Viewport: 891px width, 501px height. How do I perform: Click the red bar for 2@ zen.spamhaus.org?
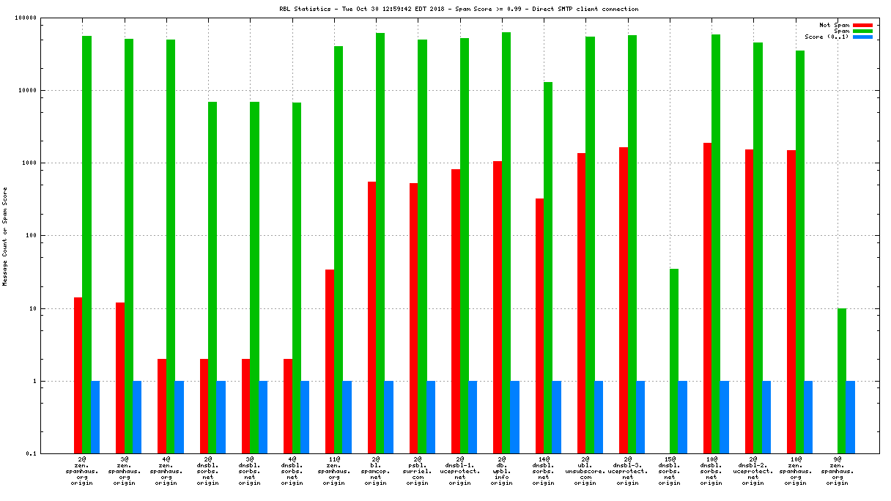[78, 375]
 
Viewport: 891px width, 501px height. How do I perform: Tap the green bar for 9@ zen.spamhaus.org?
[842, 381]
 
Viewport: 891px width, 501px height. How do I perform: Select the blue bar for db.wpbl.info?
[515, 417]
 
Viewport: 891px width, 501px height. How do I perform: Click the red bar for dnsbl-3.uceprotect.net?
[624, 300]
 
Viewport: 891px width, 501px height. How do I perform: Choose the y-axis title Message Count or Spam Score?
[5, 236]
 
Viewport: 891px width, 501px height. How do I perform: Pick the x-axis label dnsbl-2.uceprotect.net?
[753, 472]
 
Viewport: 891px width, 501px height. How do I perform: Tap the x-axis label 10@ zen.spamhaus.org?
[794, 472]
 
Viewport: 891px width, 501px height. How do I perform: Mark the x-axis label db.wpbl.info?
[502, 472]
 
